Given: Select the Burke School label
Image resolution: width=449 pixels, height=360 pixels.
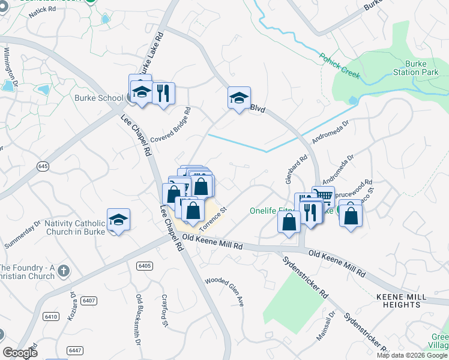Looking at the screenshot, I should (94, 98).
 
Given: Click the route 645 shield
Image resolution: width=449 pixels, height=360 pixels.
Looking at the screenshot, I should (42, 166).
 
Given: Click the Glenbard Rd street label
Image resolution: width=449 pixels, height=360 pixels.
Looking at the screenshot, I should (297, 170).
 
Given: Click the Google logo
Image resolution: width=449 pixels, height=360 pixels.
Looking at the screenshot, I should (20, 353).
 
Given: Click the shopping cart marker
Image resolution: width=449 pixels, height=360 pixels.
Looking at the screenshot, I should (323, 196).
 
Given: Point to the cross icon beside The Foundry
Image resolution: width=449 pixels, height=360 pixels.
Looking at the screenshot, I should (64, 271).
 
